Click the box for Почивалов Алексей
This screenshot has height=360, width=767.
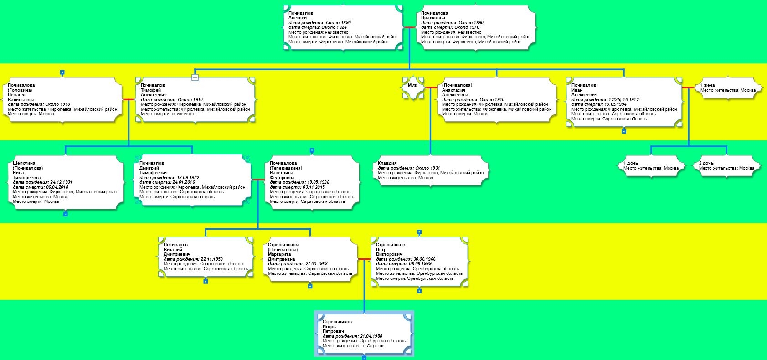point(343,27)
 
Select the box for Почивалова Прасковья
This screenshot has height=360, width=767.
point(476,27)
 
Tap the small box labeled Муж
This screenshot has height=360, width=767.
point(413,88)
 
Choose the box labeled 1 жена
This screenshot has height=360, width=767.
point(728,87)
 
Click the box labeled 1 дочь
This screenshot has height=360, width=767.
point(651,166)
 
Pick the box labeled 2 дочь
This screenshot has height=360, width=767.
point(726,166)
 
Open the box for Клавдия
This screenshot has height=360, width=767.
point(430,170)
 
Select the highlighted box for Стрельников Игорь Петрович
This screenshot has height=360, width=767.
point(364,334)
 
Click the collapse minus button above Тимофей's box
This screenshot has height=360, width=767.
point(195,77)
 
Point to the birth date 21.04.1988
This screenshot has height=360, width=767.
point(371,336)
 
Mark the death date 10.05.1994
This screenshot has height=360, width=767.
point(615,104)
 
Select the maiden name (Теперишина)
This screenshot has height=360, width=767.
point(286,168)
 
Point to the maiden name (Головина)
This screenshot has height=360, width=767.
point(20,90)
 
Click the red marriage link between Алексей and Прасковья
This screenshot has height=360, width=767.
point(410,27)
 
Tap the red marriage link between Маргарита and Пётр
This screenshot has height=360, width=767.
point(364,259)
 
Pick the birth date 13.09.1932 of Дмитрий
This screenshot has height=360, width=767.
point(188,177)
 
